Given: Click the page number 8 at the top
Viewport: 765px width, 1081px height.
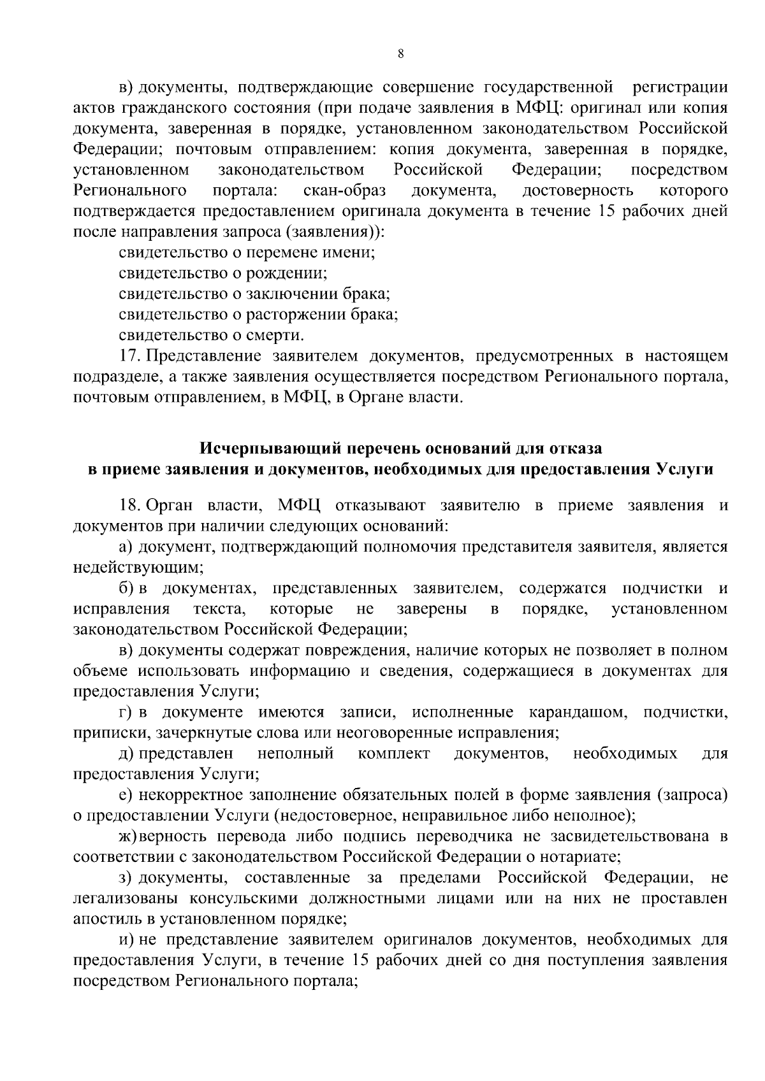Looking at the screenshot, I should [400, 54].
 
